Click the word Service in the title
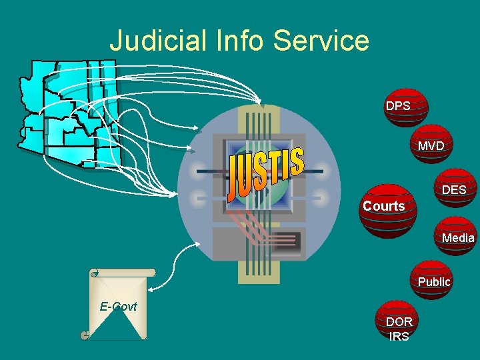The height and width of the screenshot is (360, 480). pos(321,41)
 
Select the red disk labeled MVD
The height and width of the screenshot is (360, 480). pos(431,145)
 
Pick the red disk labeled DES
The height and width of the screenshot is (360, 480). pos(453,190)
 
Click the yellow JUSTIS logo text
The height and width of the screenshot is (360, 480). pos(265,173)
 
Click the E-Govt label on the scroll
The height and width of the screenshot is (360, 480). pos(118,307)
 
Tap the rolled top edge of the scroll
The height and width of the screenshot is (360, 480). pos(123,272)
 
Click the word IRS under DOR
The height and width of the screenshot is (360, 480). pos(399,336)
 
